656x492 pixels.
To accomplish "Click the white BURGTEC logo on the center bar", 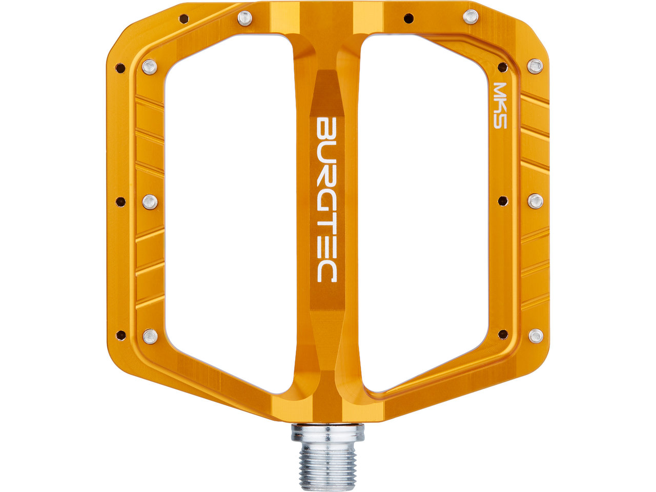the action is pos(326,199).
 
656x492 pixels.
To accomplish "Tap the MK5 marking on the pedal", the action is pos(500,106).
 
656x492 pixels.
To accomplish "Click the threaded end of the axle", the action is pos(328,470).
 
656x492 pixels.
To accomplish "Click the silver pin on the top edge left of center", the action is pos(245,18).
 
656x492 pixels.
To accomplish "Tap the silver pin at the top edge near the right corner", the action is pos(470,17).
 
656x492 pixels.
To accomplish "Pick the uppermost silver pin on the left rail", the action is pos(150,67).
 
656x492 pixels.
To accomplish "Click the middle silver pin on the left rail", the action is pos(150,202).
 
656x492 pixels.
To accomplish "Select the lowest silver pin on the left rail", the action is pos(150,337).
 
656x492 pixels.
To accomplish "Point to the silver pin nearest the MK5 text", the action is pos(535,66).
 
